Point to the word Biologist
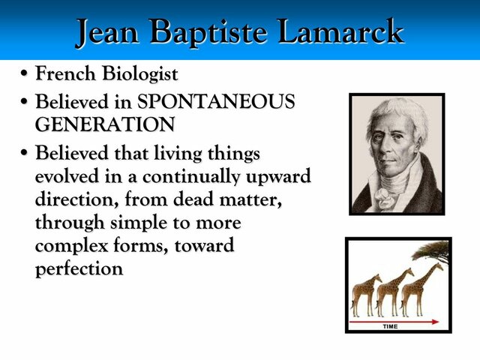click(x=142, y=75)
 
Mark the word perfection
click(x=79, y=269)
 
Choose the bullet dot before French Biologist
click(x=25, y=76)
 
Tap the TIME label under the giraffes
click(x=390, y=327)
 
